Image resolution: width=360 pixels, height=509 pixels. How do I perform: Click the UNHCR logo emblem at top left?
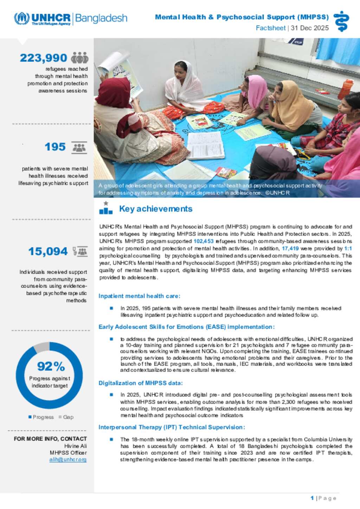(x=21, y=18)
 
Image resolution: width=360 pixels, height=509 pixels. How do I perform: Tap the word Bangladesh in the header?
(x=101, y=18)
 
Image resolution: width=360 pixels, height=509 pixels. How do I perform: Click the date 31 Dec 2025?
(x=310, y=28)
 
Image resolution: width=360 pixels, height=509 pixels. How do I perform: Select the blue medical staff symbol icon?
(x=341, y=21)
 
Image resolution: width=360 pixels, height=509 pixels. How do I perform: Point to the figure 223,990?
(x=43, y=58)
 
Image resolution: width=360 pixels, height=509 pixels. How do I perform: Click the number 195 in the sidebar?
(x=55, y=147)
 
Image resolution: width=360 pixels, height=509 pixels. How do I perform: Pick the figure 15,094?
(x=48, y=252)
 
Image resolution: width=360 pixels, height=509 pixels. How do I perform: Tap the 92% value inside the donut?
(x=51, y=366)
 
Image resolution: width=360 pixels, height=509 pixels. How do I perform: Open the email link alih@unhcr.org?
(x=68, y=459)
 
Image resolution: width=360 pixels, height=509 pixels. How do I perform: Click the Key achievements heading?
(x=156, y=209)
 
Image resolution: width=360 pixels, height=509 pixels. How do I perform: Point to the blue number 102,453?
(x=204, y=241)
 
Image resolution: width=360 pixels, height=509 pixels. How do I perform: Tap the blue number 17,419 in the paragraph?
(x=290, y=248)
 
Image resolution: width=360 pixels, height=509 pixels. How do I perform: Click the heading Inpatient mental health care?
(x=139, y=296)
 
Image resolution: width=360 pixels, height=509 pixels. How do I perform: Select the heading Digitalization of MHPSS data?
(x=141, y=383)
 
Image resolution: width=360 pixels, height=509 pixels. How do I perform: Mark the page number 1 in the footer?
(x=312, y=498)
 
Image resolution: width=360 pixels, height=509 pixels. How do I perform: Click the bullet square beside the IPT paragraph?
(x=111, y=439)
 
